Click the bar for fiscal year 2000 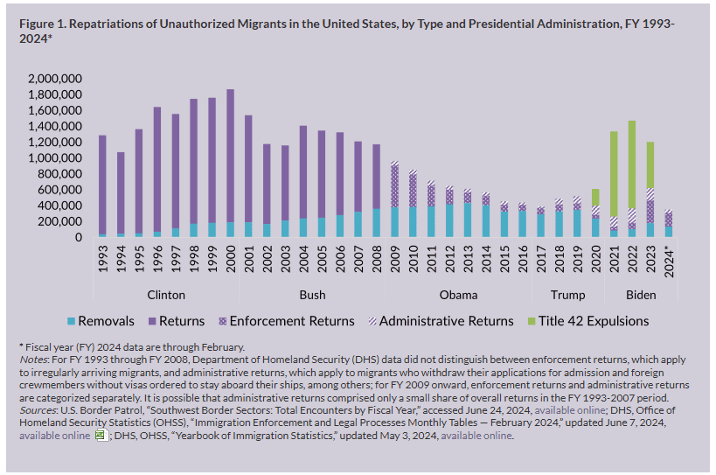pos(231,163)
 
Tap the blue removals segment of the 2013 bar pos(468,220)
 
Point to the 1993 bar pos(103,186)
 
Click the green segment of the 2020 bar pos(596,198)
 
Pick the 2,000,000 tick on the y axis pos(55,79)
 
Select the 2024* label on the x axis pos(669,262)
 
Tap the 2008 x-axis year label pos(377,259)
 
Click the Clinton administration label pos(166,295)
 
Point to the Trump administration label pos(568,295)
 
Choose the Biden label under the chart pos(641,295)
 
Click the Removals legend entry pos(101,321)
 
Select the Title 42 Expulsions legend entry pos(588,321)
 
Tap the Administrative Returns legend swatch pos(372,322)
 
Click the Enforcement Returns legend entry pos(287,321)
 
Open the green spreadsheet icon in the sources pos(101,435)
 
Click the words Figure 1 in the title pos(43,24)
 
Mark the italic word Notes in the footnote pos(33,360)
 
